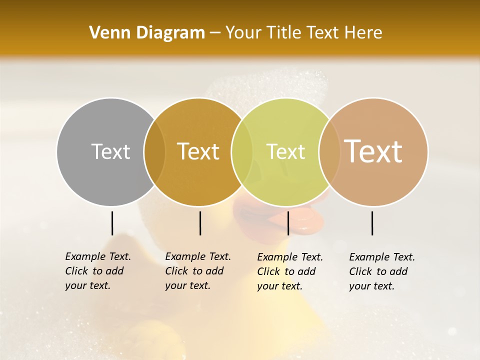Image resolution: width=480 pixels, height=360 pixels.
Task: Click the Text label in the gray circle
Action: pos(110,151)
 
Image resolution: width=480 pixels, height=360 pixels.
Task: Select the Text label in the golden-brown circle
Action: pos(198,151)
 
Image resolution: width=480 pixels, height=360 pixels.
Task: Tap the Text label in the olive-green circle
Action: pos(285,151)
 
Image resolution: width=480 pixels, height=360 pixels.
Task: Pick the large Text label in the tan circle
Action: pos(373,151)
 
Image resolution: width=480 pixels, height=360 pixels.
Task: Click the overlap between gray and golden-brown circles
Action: pos(154,151)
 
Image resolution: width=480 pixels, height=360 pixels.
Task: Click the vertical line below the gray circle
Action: pos(112,223)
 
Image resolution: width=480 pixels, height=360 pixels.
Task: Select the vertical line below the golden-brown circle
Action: pos(200,223)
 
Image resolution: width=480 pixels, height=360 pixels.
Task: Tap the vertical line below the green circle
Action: pos(288,223)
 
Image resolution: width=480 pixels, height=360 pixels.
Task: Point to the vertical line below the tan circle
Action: pos(372,223)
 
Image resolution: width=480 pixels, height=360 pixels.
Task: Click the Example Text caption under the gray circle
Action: pos(97,271)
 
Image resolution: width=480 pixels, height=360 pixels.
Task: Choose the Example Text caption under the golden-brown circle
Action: pos(197,271)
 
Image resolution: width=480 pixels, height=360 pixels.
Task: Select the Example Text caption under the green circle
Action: pos(289,271)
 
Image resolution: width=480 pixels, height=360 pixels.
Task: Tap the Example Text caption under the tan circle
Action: pos(381,271)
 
